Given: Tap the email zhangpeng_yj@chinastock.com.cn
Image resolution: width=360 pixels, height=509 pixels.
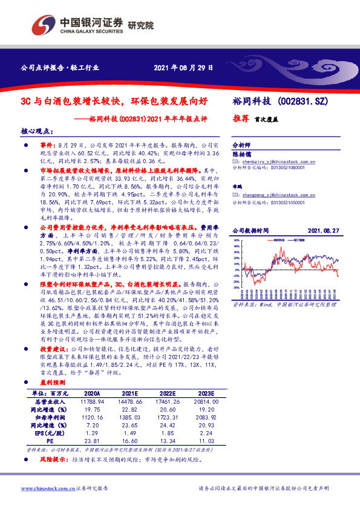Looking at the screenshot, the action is pos(271,195).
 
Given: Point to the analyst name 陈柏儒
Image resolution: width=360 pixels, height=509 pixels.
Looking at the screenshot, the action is pos(241,154).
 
